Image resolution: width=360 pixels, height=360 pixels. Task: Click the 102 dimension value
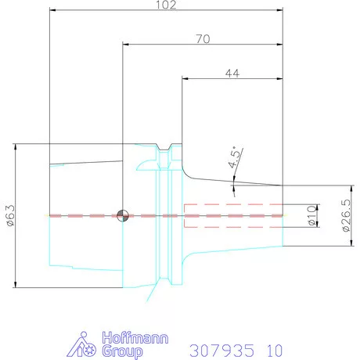coord(166,5)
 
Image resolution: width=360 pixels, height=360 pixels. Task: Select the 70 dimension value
coord(202,38)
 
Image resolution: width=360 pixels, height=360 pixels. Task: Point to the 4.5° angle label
coord(234,160)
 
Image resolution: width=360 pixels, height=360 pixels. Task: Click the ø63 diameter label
coord(10,216)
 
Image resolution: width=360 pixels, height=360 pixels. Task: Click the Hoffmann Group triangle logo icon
coord(91,346)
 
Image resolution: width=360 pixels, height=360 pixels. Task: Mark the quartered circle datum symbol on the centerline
coord(121,215)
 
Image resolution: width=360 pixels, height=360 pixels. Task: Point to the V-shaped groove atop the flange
coord(165,148)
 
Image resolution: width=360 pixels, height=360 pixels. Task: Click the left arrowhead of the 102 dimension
coord(52,11)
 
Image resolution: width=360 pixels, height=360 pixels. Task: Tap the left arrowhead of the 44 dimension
coord(185,78)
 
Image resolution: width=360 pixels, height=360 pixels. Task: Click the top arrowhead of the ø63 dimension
coord(16,148)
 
